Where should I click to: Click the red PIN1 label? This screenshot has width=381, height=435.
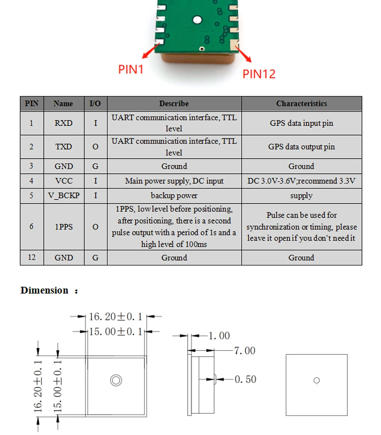coord(131,70)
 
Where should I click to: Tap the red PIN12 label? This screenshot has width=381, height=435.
coord(259,74)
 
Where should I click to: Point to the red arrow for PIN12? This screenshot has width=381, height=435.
coord(244,54)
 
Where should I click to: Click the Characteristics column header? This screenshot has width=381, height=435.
coord(301,103)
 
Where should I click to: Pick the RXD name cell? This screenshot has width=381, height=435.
coord(64,123)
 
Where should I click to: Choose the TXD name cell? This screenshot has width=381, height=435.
coord(64,147)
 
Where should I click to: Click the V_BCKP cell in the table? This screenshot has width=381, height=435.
coord(64,195)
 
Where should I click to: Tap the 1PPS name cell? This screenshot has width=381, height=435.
coord(64,227)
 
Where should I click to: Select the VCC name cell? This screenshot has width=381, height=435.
coord(64,181)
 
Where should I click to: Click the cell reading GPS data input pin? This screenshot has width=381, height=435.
coord(301,123)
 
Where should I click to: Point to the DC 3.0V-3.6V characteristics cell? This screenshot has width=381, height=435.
coord(301,181)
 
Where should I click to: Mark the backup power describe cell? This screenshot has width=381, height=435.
coord(174,195)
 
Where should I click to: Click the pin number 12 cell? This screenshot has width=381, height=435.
coord(32,257)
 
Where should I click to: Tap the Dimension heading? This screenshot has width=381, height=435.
coord(45,291)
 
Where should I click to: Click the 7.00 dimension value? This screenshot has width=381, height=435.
coord(244,351)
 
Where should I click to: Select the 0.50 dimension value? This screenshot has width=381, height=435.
coord(245,379)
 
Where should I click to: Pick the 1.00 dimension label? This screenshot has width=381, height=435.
coord(219,336)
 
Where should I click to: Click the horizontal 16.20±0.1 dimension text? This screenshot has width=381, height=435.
coord(115,316)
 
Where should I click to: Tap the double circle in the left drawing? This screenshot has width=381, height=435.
coord(116,380)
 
